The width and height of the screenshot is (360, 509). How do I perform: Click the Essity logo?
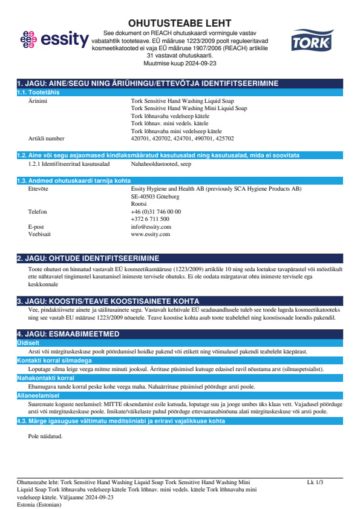point(54,40)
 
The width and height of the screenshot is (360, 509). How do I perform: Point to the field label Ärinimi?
point(38,102)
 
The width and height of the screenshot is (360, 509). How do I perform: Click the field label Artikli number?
point(46,138)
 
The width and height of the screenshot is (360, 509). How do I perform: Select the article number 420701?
point(140,138)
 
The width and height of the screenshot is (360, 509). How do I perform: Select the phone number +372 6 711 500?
point(150,219)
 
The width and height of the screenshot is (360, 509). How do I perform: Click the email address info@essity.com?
point(151,226)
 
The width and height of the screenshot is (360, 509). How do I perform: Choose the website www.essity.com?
point(150,234)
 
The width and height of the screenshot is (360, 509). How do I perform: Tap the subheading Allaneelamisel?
point(36,395)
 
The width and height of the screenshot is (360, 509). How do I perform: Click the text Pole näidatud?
point(45,436)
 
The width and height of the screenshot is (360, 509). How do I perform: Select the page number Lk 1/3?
point(315,482)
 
